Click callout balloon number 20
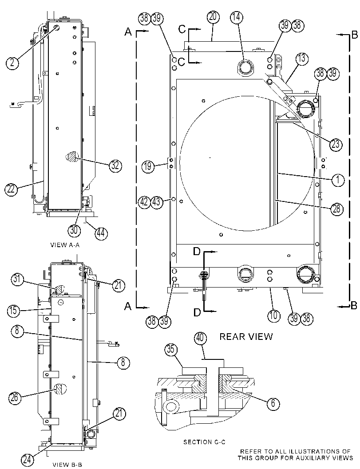pos(213,17)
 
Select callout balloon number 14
pos(237,17)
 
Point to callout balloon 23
pos(336,144)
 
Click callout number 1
pos(338,180)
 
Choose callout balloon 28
pos(336,209)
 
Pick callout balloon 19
pos(148,166)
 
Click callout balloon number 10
pos(273,315)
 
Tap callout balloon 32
pos(115,166)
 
